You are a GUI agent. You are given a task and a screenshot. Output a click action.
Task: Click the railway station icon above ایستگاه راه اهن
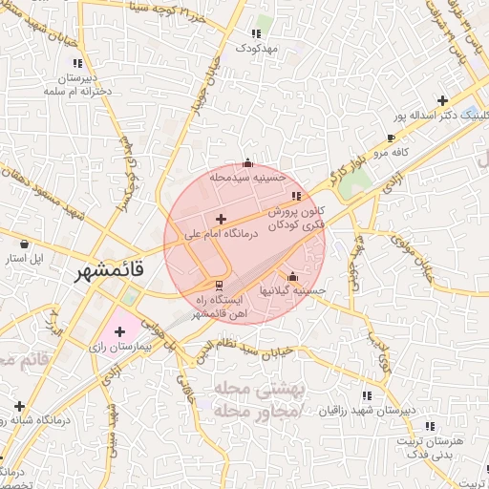[x=220, y=286]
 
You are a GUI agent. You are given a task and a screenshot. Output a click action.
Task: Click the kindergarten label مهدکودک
[x=255, y=47]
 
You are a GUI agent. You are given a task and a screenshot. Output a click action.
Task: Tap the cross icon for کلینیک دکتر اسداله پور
[x=442, y=100]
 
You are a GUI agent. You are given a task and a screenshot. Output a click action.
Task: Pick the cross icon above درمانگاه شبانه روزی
[x=19, y=405]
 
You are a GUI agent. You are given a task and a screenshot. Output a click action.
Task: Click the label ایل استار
[x=26, y=259]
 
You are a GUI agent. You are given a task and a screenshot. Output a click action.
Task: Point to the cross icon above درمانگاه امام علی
[x=221, y=220]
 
